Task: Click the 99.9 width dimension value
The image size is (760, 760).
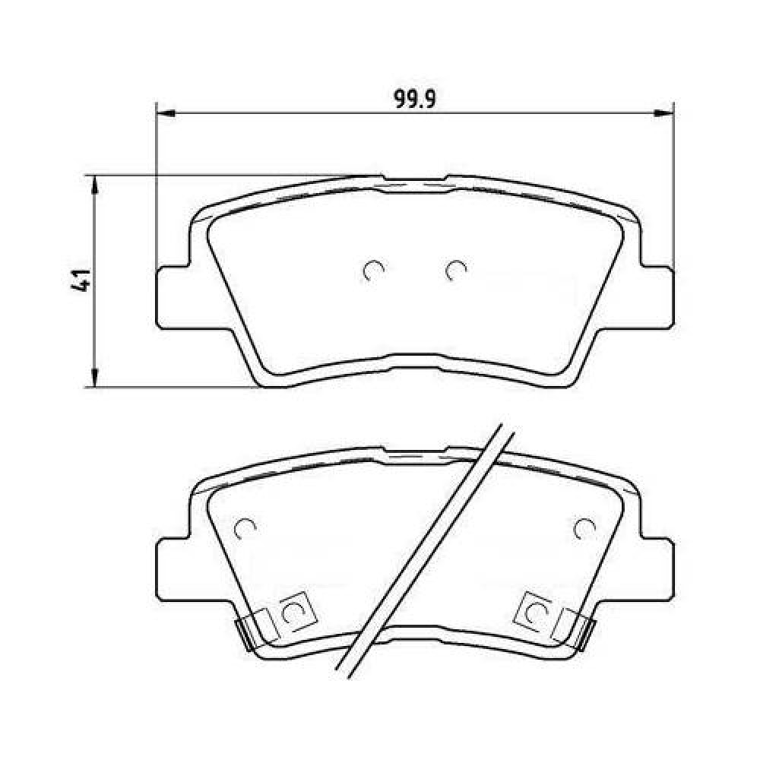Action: pos(416,100)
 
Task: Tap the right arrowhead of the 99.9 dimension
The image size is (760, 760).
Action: pos(665,113)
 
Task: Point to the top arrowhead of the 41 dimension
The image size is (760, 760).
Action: pos(96,185)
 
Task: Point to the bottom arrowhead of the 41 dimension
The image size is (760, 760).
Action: pos(96,378)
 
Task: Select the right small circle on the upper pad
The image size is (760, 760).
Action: pos(455,271)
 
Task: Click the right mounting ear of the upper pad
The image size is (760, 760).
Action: pos(657,296)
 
